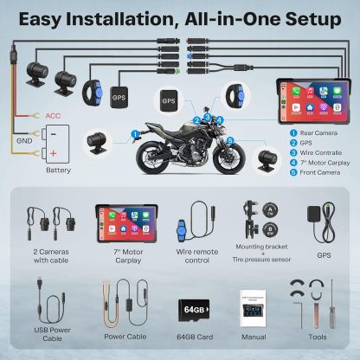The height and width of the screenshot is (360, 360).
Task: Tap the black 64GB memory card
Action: [191, 309]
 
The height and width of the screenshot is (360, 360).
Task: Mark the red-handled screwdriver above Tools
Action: [326, 303]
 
